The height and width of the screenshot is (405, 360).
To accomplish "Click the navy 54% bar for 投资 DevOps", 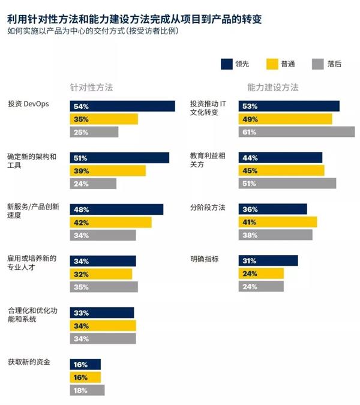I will pos(122,106).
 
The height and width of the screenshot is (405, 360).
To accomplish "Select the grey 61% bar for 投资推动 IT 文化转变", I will pos(296,132).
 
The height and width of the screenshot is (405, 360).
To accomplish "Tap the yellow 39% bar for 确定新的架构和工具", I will pos(108,171).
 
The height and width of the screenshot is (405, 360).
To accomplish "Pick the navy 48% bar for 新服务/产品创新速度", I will pos(116,209).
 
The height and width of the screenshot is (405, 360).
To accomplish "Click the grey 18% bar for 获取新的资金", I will pos(87,390).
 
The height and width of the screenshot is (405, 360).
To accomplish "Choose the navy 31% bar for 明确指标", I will pos(268,260).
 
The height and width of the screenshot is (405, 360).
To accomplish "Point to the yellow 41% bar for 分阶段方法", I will pos(277,222).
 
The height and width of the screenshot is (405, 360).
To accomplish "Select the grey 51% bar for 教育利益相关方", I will pos(287,184).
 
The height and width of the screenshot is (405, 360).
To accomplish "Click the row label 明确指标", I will pos(205,259).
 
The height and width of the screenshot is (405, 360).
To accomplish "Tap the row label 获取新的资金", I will pos(29,362).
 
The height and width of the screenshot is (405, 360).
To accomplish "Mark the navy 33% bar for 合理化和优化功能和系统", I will pos(102,313).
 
